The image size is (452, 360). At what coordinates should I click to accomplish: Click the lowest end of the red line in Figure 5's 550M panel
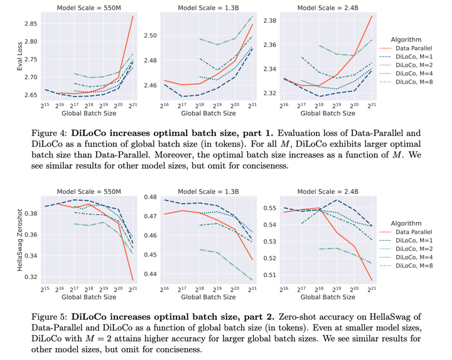[x=133, y=280]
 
